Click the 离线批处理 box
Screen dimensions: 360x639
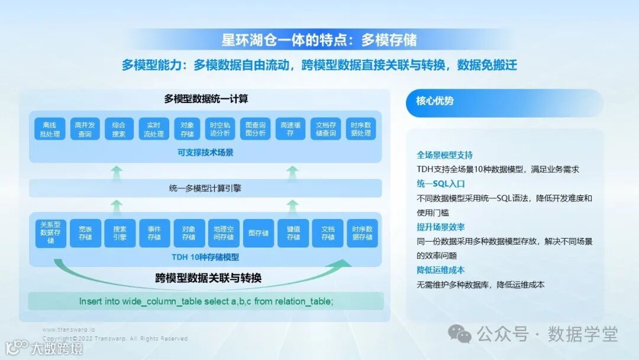pyautogui.click(x=50, y=130)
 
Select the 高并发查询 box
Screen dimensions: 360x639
pyautogui.click(x=85, y=130)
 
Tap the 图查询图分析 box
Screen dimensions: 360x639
pyautogui.click(x=257, y=130)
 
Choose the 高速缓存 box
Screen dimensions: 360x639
pyautogui.click(x=291, y=130)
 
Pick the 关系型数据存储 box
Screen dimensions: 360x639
pyautogui.click(x=50, y=233)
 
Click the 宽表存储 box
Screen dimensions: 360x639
pyautogui.click(x=85, y=233)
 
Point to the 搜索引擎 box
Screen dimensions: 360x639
pyautogui.click(x=120, y=233)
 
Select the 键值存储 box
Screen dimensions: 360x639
pyautogui.click(x=293, y=233)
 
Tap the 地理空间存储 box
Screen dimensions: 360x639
pyautogui.click(x=224, y=233)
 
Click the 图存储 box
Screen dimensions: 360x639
pyautogui.click(x=258, y=233)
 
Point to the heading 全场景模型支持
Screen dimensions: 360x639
pyautogui.click(x=445, y=155)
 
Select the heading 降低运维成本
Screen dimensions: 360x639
pyautogui.click(x=441, y=270)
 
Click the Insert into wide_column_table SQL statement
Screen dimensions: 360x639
pyautogui.click(x=206, y=301)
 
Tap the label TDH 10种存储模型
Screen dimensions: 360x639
pyautogui.click(x=205, y=257)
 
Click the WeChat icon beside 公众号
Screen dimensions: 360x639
pyautogui.click(x=460, y=334)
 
